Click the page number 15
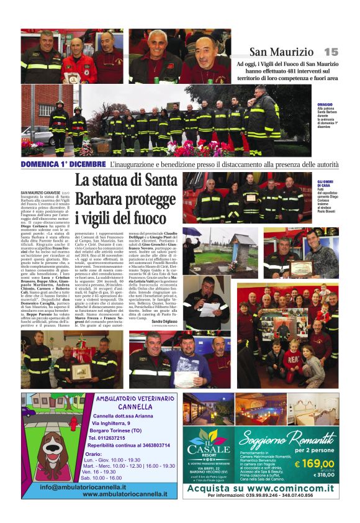331,52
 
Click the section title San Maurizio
282,52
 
